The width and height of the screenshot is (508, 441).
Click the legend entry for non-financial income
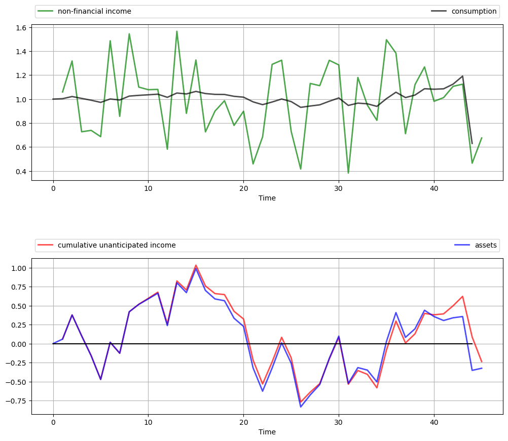click(x=94, y=11)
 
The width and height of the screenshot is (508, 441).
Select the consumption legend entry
click(x=474, y=11)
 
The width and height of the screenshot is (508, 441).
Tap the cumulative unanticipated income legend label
click(x=117, y=245)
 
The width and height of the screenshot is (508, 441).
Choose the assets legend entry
click(x=486, y=245)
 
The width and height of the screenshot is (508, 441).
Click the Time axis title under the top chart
click(x=267, y=198)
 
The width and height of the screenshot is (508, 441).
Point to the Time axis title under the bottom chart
click(x=267, y=432)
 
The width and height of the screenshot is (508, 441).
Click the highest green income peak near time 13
click(x=177, y=31)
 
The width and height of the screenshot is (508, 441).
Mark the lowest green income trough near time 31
click(x=348, y=173)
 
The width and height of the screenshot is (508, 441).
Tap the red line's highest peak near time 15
click(x=196, y=265)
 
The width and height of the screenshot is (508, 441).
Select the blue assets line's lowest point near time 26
click(x=301, y=407)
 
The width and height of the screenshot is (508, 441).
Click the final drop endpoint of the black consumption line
click(x=472, y=143)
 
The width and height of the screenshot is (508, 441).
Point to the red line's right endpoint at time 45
click(x=482, y=362)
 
